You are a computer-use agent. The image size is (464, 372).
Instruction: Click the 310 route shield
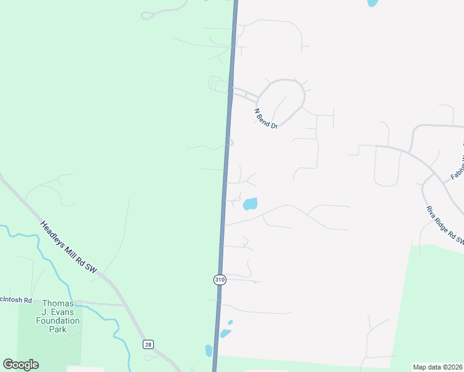[x=220, y=280]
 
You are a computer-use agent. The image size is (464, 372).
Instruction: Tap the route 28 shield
[x=147, y=344]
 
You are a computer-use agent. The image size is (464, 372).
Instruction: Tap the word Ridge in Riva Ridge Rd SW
[x=442, y=224]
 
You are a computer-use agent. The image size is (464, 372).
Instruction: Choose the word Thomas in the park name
[x=58, y=303]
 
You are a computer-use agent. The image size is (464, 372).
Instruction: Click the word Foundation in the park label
[x=58, y=321]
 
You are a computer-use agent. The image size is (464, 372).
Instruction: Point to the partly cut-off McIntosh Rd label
[x=16, y=300]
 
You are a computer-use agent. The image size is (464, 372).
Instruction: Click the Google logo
[x=20, y=365]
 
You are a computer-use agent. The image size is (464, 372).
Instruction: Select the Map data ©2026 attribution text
[x=437, y=367]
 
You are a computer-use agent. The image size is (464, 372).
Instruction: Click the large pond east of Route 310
[x=250, y=203]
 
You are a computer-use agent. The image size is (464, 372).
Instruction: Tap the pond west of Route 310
[x=208, y=350]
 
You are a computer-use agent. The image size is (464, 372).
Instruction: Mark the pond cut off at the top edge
[x=372, y=2]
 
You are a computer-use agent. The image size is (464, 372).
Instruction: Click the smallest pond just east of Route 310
[x=231, y=322]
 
